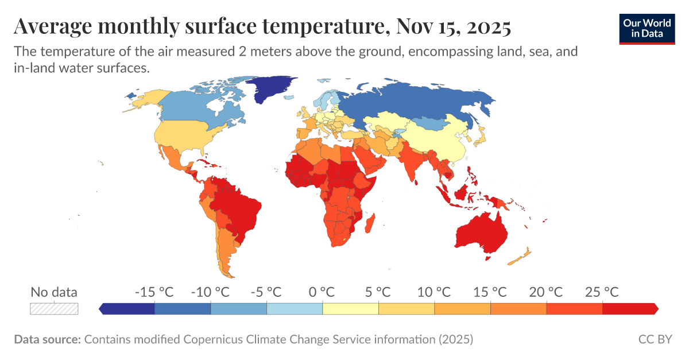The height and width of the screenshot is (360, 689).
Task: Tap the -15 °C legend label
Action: [x=154, y=292]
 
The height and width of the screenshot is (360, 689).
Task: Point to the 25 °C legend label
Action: [x=602, y=292]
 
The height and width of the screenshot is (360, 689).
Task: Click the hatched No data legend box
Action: [x=54, y=309]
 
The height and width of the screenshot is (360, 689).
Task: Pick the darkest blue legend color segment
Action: [x=127, y=309]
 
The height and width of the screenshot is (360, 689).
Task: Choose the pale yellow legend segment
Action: [x=350, y=309]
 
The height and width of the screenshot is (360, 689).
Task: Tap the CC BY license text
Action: [x=655, y=339]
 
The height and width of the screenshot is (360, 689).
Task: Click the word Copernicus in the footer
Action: [x=208, y=339]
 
